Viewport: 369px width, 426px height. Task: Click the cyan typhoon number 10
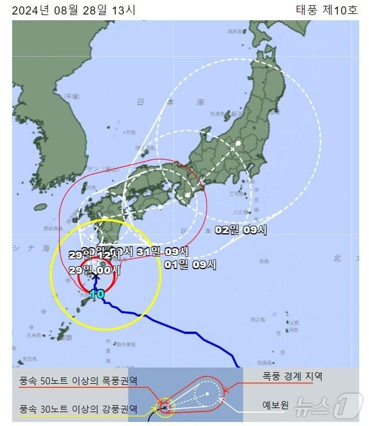pyautogui.click(x=97, y=293)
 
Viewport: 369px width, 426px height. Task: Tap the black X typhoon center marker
pyautogui.click(x=96, y=277)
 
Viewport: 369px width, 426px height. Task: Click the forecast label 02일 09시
pyautogui.click(x=241, y=229)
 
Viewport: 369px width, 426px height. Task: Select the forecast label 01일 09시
pyautogui.click(x=190, y=265)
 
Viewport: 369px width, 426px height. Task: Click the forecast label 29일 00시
pyautogui.click(x=94, y=269)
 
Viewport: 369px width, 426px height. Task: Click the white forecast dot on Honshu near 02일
pyautogui.click(x=238, y=142)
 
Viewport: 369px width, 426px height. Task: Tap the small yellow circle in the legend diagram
pyautogui.click(x=165, y=407)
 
